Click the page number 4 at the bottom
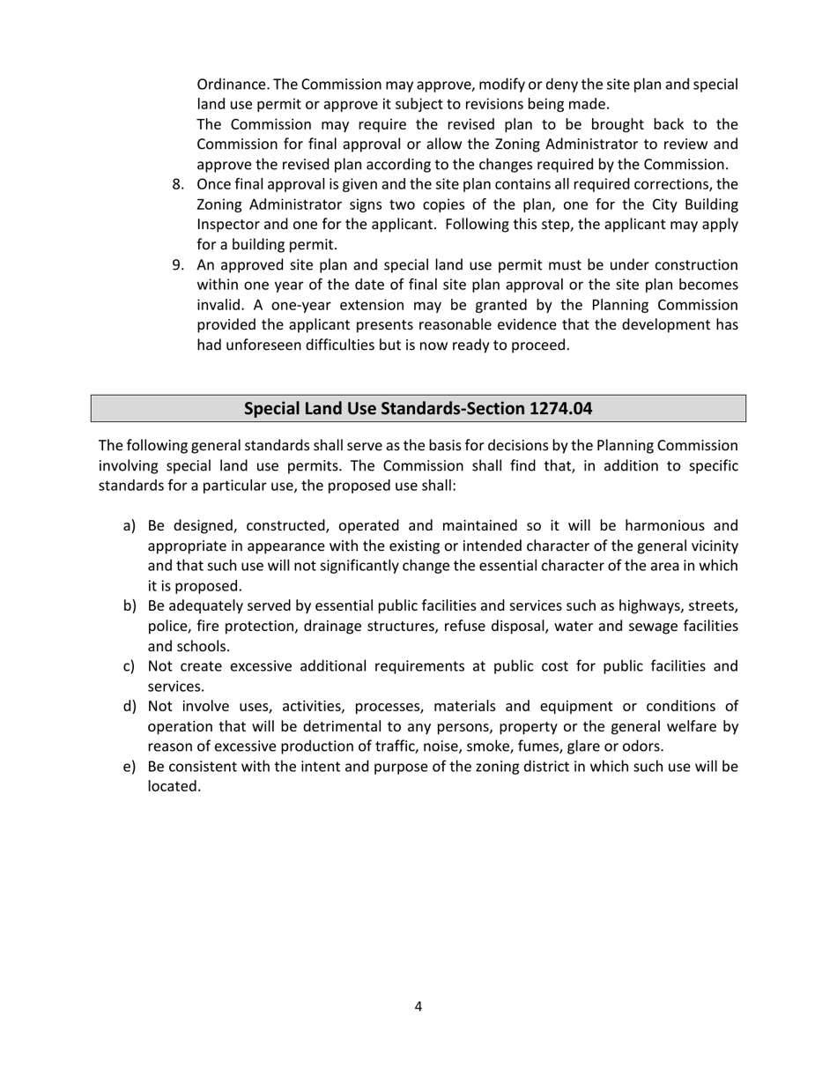click(x=418, y=1006)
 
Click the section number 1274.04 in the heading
click(x=561, y=409)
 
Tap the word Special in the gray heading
click(x=272, y=409)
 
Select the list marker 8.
click(x=178, y=184)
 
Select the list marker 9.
click(x=178, y=265)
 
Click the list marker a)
click(x=130, y=526)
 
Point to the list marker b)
click(x=130, y=606)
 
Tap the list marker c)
click(x=130, y=666)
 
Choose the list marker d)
click(x=130, y=707)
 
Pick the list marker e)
click(x=130, y=767)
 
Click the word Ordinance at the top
click(x=232, y=85)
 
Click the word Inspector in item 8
click(x=229, y=225)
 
